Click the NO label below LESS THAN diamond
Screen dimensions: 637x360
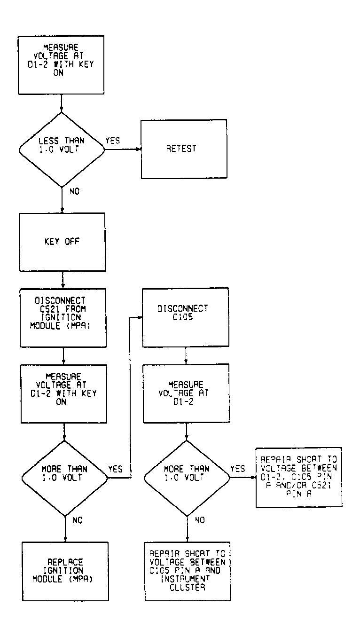pos(74,192)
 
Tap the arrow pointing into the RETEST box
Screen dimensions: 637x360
pos(138,149)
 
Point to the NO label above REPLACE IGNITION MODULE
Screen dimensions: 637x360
pos(78,520)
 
